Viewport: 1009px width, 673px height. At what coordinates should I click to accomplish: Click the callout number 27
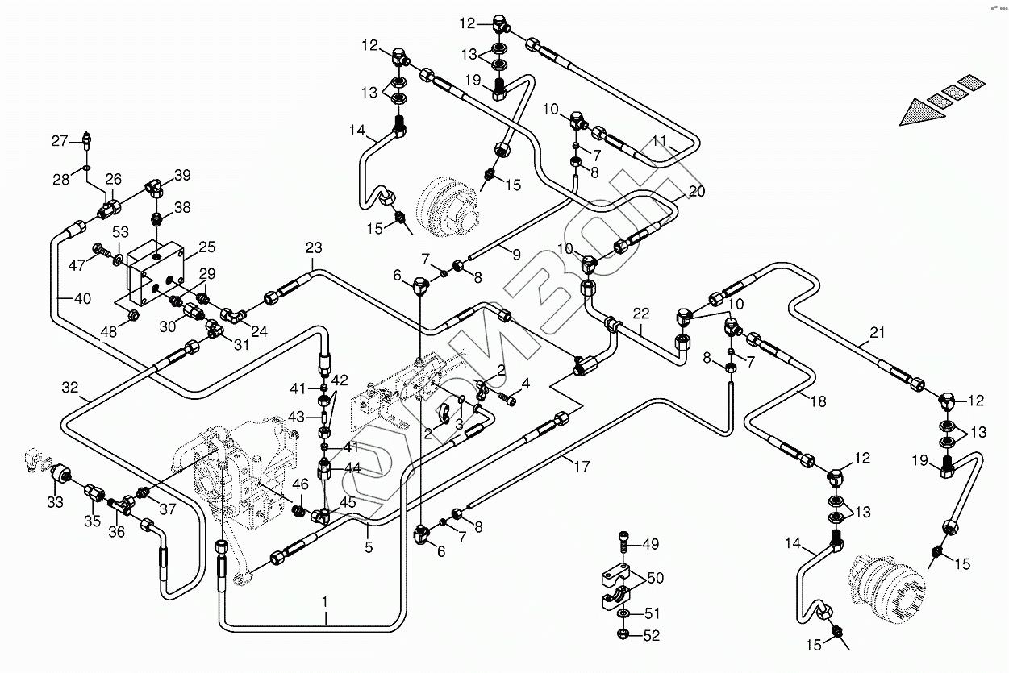(x=60, y=141)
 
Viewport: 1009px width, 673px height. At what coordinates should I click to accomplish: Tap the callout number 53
(x=120, y=232)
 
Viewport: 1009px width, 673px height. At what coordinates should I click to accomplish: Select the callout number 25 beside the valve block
(x=206, y=247)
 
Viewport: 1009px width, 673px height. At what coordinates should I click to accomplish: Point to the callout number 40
(x=82, y=298)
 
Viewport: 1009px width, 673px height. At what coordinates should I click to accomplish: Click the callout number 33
(x=56, y=502)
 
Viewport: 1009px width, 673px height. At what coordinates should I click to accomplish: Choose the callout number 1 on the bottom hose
(x=325, y=602)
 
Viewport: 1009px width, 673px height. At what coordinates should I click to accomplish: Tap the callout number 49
(x=650, y=544)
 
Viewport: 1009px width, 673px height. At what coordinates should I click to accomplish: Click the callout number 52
(x=652, y=636)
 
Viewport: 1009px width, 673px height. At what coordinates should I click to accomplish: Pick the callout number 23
(x=314, y=247)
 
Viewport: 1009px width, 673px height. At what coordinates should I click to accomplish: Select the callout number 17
(x=582, y=467)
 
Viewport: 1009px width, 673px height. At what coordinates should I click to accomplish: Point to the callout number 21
(x=878, y=333)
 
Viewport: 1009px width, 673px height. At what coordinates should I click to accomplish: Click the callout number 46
(x=301, y=484)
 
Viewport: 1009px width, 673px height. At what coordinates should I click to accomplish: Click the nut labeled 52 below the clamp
(x=623, y=634)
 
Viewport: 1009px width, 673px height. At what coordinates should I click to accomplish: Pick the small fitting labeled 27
(x=88, y=141)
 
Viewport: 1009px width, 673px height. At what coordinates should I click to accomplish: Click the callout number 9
(x=517, y=255)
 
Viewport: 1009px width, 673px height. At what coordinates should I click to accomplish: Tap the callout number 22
(x=641, y=314)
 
